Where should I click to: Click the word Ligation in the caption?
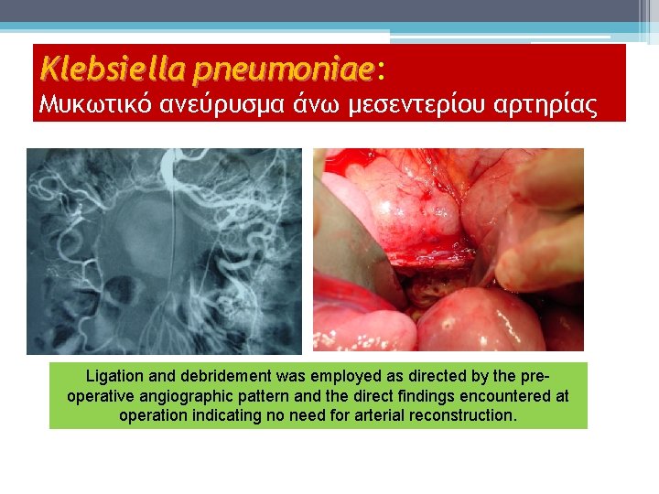coord(113,376)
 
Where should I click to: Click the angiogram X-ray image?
coord(164,251)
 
